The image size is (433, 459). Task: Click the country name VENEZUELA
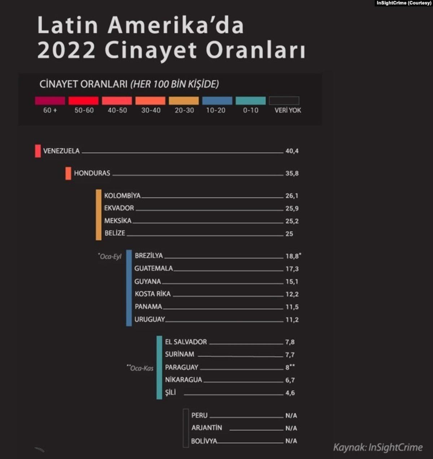pyautogui.click(x=61, y=151)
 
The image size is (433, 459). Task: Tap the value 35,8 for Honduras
pyautogui.click(x=292, y=173)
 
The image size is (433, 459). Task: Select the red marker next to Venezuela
pyautogui.click(x=38, y=151)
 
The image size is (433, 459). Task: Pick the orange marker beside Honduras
pyautogui.click(x=68, y=173)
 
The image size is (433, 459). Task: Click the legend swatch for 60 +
pyautogui.click(x=50, y=101)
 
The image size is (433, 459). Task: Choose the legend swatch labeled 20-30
pyautogui.click(x=184, y=101)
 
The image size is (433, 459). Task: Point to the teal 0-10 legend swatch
pyautogui.click(x=250, y=101)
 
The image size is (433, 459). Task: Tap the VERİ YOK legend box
pyautogui.click(x=284, y=101)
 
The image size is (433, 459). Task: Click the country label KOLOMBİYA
pyautogui.click(x=122, y=196)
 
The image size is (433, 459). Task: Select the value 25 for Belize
pyautogui.click(x=289, y=234)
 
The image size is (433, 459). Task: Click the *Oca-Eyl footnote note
pyautogui.click(x=110, y=257)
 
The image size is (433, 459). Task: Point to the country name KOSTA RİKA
pyautogui.click(x=153, y=294)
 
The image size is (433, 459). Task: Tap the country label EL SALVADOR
pyautogui.click(x=186, y=342)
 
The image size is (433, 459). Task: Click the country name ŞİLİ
pyautogui.click(x=171, y=393)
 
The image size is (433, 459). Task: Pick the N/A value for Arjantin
pyautogui.click(x=291, y=428)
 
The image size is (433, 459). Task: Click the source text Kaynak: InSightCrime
pyautogui.click(x=377, y=447)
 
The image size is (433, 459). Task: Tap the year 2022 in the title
pyautogui.click(x=66, y=50)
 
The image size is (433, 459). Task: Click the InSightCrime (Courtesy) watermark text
pyautogui.click(x=404, y=3)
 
